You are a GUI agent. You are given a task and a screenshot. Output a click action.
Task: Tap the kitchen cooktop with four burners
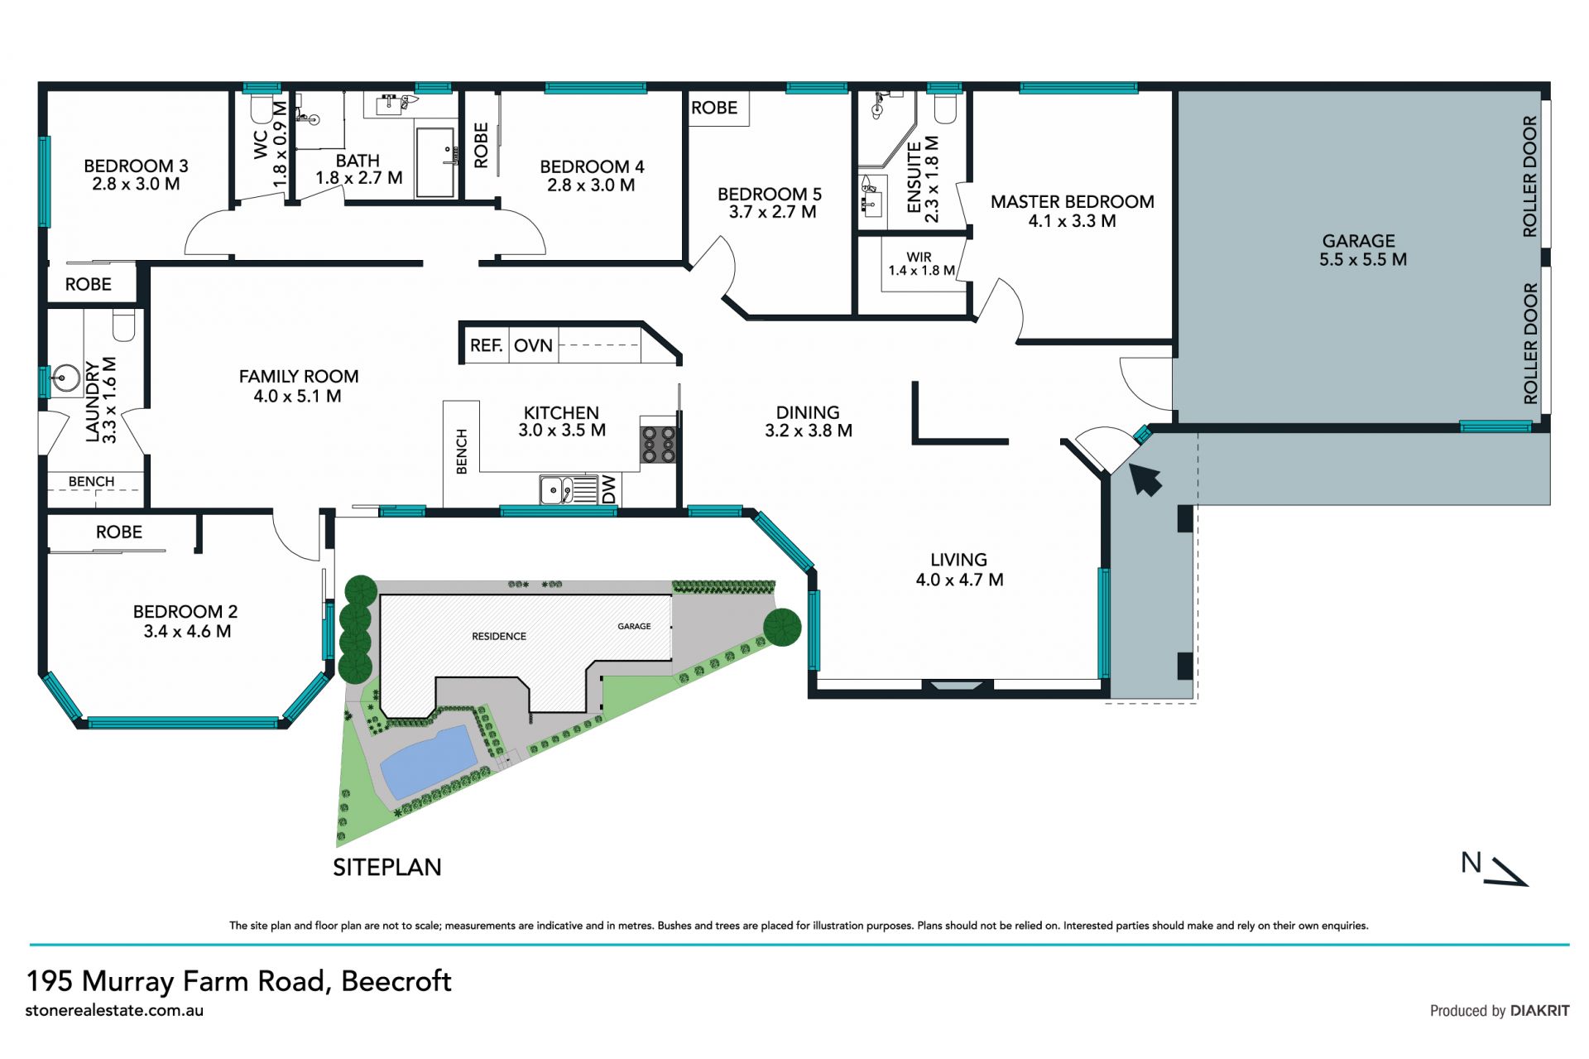pyautogui.click(x=658, y=444)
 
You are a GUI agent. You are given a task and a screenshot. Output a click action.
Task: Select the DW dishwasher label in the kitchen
pyautogui.click(x=609, y=489)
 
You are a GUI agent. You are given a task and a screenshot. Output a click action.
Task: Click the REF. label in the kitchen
pyautogui.click(x=486, y=345)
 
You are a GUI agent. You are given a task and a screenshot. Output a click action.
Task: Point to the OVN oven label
pyautogui.click(x=533, y=345)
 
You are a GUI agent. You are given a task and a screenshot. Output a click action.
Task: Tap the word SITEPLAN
pyautogui.click(x=387, y=867)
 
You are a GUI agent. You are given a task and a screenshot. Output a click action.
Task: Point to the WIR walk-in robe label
pyautogui.click(x=919, y=257)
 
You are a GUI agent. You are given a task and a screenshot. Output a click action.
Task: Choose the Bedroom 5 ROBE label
pyautogui.click(x=714, y=108)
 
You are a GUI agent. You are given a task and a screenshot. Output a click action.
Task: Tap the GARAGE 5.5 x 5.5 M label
pyautogui.click(x=1362, y=250)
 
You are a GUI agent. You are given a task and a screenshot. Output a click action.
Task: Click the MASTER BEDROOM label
pyautogui.click(x=1072, y=202)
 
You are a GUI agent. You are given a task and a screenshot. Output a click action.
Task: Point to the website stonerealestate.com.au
pyautogui.click(x=114, y=1010)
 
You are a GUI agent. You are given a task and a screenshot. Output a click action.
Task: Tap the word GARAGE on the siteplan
pyautogui.click(x=634, y=626)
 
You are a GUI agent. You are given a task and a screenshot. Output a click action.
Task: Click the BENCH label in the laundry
pyautogui.click(x=91, y=481)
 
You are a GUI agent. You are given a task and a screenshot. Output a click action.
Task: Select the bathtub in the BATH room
pyautogui.click(x=436, y=162)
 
